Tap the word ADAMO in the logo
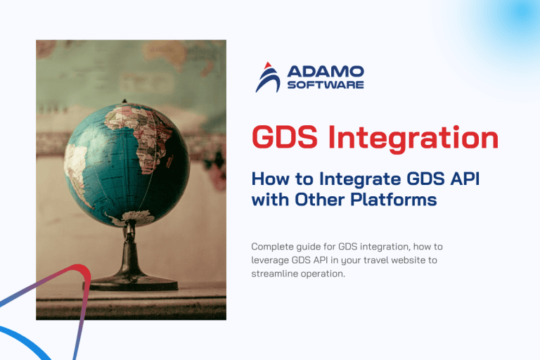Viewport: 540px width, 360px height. [x=326, y=71]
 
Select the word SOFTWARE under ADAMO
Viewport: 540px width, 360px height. [x=326, y=85]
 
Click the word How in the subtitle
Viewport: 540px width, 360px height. [x=271, y=179]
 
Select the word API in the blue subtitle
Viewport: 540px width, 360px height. [x=461, y=179]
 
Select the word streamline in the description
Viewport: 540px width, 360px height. [x=275, y=274]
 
